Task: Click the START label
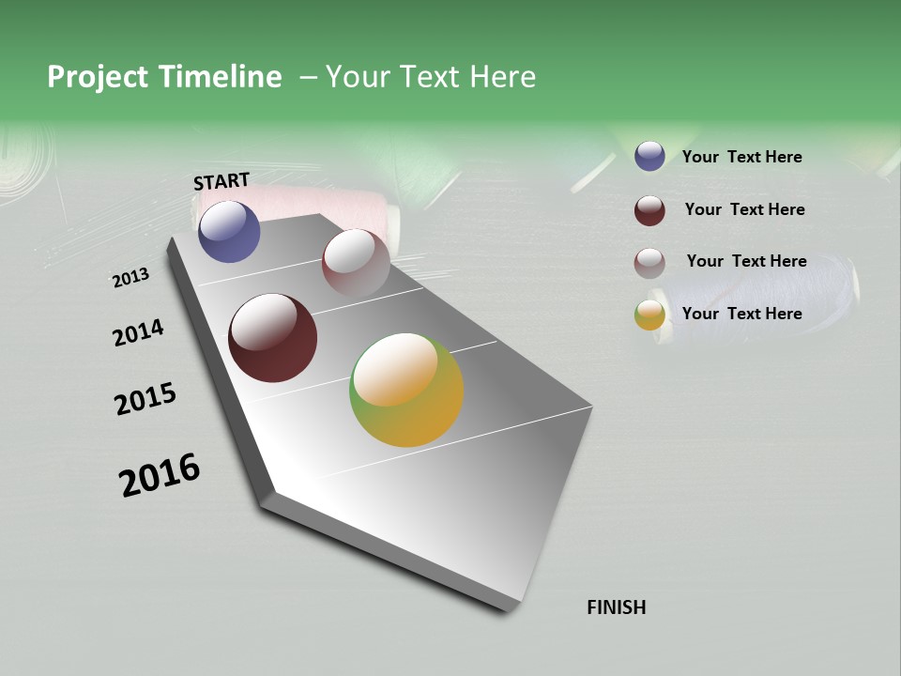221,181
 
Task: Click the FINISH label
616,607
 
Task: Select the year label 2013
131,278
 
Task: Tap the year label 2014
138,332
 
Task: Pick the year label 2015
145,398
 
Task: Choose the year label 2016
160,475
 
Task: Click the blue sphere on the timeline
229,232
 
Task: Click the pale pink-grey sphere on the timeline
356,262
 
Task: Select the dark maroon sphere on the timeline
272,338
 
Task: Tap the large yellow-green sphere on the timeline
406,390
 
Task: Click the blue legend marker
649,156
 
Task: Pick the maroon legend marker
649,210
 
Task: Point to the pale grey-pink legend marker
649,263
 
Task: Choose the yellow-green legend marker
649,315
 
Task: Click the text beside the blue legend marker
741,157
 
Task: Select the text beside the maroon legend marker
744,209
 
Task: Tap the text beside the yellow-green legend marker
741,314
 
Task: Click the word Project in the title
98,77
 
